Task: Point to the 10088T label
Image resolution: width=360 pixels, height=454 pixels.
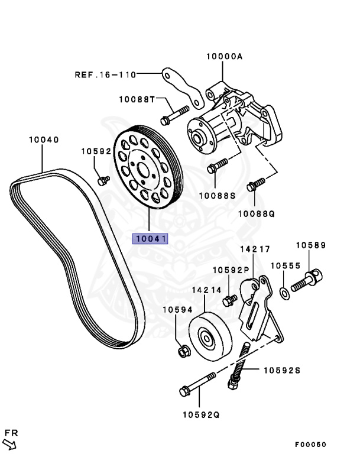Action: pos(137,99)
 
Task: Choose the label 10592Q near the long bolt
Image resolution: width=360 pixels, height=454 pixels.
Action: pos(200,414)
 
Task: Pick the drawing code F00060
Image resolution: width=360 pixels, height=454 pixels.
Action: pos(311,445)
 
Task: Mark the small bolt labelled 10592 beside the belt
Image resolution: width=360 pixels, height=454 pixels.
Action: pos(103,179)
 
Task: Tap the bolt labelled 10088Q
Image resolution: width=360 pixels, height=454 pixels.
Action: pos(253,186)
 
